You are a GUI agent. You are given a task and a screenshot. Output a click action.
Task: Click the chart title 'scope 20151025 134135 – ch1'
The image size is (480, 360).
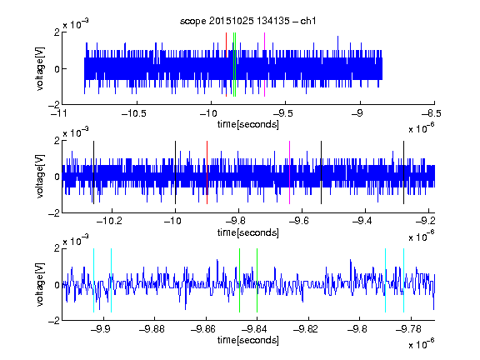point(248,21)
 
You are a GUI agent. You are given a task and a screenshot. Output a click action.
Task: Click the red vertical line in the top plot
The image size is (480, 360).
point(226,65)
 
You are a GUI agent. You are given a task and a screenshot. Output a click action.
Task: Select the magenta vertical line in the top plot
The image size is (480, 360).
point(264,65)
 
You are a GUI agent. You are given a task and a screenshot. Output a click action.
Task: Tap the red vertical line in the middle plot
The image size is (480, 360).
point(207,172)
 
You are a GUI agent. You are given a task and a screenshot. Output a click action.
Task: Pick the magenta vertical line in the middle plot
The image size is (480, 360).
point(290,172)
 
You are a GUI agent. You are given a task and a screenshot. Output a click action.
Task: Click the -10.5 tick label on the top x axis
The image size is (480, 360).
point(134,114)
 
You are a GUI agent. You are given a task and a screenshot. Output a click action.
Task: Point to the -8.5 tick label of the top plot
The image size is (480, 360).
point(432,114)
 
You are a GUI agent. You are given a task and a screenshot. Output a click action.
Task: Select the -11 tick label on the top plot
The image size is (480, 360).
point(59,114)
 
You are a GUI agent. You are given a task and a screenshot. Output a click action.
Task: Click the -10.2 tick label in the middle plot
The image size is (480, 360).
point(109,221)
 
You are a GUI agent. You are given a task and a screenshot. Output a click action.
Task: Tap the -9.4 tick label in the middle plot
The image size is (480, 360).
point(362,221)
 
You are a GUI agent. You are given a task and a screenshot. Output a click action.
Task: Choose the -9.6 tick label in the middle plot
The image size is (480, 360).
point(299,221)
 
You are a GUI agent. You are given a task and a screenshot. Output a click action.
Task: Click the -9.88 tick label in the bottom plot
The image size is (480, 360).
point(152,329)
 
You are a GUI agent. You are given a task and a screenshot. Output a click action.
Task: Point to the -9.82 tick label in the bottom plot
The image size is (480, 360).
point(306,329)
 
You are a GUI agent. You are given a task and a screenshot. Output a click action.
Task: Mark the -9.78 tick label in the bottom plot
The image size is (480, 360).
point(408,329)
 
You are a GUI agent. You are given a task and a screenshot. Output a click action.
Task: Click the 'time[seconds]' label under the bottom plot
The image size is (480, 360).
point(248,340)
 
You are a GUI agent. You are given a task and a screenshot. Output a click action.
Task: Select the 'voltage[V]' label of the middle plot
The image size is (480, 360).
point(40,177)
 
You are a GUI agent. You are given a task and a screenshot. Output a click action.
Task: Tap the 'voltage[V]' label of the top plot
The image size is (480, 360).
point(40,68)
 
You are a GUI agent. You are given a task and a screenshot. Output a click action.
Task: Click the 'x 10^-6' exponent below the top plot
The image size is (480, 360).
point(422,127)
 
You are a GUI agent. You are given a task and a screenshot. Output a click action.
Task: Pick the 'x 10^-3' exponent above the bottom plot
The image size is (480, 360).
point(76,241)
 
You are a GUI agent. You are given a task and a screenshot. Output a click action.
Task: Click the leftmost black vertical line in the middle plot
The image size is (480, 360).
point(93,172)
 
